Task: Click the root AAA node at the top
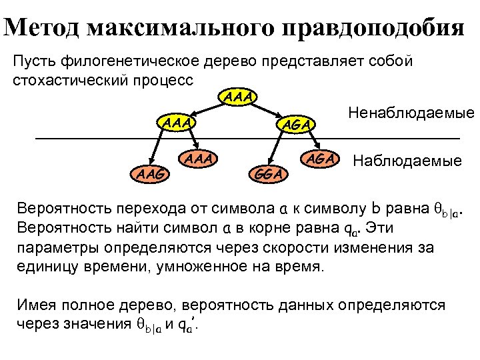239,99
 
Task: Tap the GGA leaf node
269,173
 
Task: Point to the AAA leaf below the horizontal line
199,159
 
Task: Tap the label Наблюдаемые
407,161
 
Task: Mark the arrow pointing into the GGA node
276,150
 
